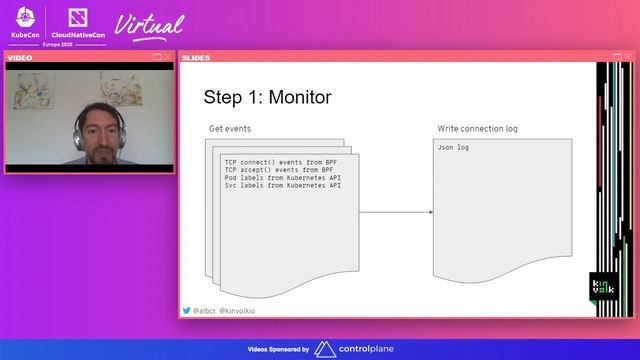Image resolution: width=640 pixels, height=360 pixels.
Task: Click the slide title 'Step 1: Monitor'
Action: click(267, 97)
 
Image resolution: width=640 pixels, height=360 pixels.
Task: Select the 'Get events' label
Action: click(230, 129)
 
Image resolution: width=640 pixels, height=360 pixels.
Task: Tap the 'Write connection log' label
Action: click(477, 129)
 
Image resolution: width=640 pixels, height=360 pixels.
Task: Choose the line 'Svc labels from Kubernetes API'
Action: click(283, 186)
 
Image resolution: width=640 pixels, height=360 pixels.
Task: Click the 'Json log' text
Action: click(454, 147)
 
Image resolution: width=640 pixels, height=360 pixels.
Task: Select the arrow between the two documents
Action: click(396, 212)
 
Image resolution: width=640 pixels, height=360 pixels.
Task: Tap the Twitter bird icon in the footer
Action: click(186, 311)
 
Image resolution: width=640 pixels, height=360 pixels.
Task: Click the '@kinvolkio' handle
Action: click(237, 311)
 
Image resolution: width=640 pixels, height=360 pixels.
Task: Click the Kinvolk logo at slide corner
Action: click(604, 287)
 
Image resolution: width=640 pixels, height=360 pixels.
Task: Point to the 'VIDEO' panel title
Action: click(20, 57)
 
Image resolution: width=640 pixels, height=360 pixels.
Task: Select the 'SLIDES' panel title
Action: click(196, 57)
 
